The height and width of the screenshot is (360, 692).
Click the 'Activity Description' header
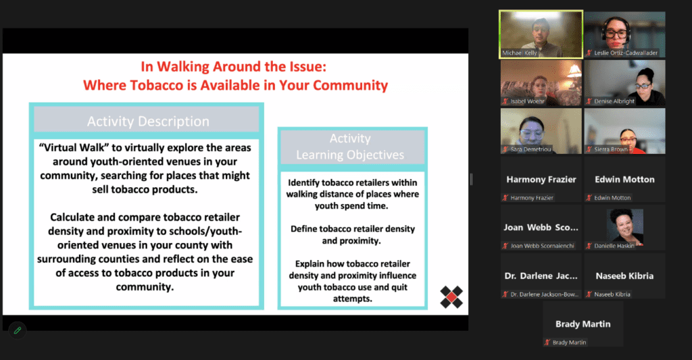coord(147,122)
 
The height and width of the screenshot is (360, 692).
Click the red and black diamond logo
coord(451,297)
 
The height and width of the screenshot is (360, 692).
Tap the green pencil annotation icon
coord(18,330)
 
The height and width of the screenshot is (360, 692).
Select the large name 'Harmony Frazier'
coord(540,180)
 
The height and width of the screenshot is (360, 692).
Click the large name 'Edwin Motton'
coord(624,180)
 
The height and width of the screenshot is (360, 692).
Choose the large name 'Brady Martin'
coord(583,324)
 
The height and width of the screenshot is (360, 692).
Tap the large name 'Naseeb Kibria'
coord(624,276)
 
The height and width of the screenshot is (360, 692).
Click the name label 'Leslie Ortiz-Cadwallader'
coord(626,53)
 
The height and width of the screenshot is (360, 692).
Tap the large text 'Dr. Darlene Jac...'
coord(540,276)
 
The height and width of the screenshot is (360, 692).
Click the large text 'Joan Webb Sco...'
coord(540,228)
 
